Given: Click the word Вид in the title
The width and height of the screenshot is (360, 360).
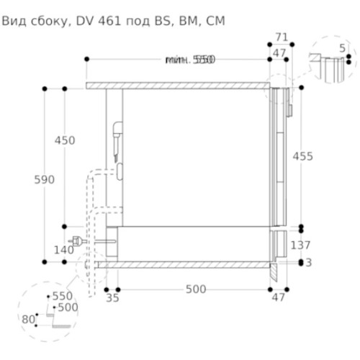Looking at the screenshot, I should point(15,22).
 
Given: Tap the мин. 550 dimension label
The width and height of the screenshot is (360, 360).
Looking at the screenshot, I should point(189,60).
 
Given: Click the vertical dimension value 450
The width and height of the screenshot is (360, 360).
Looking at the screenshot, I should point(65,141).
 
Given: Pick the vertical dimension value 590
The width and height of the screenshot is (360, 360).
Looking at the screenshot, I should point(45,179).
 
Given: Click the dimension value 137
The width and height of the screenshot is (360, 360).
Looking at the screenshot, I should point(300,246).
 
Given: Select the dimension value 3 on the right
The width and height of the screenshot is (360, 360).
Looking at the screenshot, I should point(309,263).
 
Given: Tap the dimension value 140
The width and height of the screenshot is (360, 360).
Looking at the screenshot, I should point(64,249).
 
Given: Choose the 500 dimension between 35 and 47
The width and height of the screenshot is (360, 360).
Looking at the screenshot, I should point(195,289).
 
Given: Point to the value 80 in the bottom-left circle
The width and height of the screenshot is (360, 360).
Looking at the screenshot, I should point(28,319).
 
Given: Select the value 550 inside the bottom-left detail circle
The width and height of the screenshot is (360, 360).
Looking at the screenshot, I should point(62,296).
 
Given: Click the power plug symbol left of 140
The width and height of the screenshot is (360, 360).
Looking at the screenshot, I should point(77,241).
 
